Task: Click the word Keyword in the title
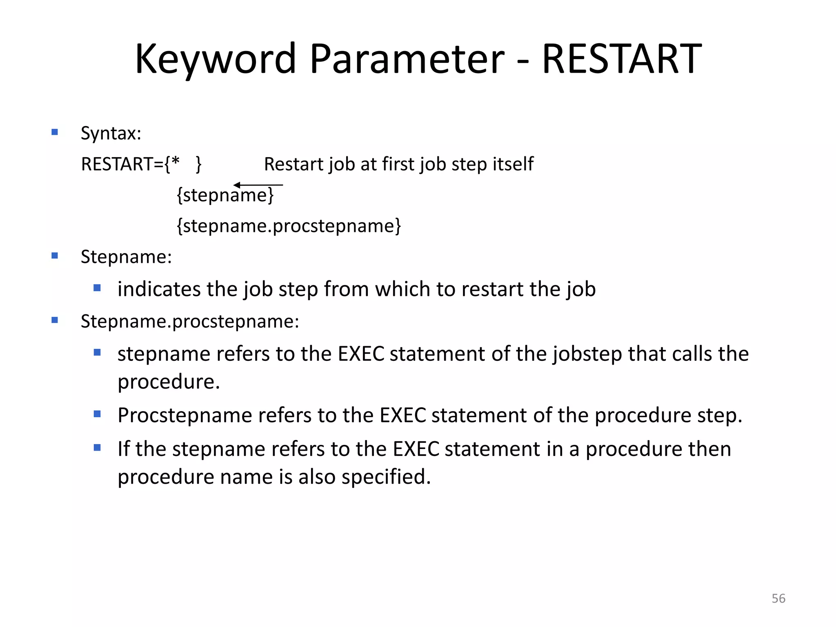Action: tap(215, 59)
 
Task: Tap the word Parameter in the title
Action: tap(407, 59)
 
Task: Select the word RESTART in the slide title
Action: tap(621, 59)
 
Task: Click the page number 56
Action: tap(778, 598)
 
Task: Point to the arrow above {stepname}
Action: tap(258, 185)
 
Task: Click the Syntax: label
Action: tap(111, 133)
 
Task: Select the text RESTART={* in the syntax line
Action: tap(130, 164)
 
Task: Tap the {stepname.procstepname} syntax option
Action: tap(289, 226)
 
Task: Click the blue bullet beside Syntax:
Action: tap(55, 132)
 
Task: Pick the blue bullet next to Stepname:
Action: tap(55, 256)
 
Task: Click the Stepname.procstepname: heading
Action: tap(190, 321)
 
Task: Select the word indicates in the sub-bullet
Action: tap(159, 289)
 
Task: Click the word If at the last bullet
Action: tap(123, 449)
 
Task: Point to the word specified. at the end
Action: tap(386, 476)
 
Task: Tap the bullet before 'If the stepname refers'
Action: tap(97, 448)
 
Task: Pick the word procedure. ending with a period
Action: tap(169, 382)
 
